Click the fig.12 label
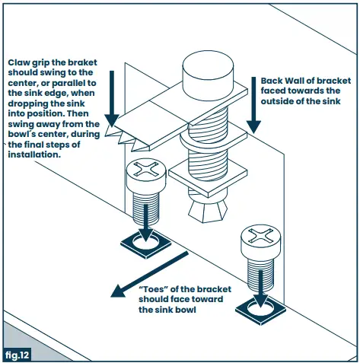pyautogui.click(x=18, y=355)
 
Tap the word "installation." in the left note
pyautogui.click(x=34, y=154)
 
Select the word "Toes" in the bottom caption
pyautogui.click(x=154, y=289)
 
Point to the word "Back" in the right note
pyautogui.click(x=272, y=81)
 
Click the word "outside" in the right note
pyautogui.click(x=277, y=101)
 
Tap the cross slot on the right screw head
pyautogui.click(x=260, y=234)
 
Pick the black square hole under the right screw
pyautogui.click(x=260, y=311)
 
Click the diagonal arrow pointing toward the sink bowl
pyautogui.click(x=150, y=274)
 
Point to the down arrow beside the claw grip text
pyautogui.click(x=112, y=99)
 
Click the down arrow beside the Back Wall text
pyautogui.click(x=253, y=105)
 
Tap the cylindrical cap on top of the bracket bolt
pyautogui.click(x=208, y=75)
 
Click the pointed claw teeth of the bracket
pyautogui.click(x=122, y=139)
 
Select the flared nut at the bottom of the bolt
pyautogui.click(x=208, y=211)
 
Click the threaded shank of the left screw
pyautogui.click(x=146, y=209)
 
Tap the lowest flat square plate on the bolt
pyautogui.click(x=208, y=179)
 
